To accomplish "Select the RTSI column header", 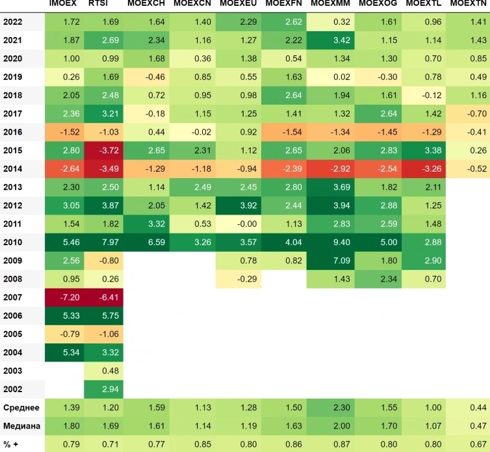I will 98,5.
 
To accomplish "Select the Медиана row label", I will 21,426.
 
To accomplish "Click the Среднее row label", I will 21,408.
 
